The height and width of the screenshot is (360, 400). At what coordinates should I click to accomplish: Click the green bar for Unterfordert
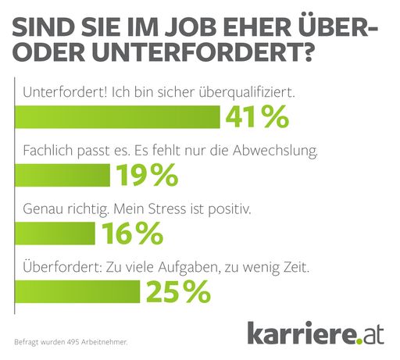click(x=117, y=117)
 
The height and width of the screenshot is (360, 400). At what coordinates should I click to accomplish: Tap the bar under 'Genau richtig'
click(x=55, y=233)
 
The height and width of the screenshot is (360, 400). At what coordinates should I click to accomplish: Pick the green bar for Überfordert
click(x=77, y=291)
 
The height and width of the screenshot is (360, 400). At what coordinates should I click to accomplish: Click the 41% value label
click(x=257, y=117)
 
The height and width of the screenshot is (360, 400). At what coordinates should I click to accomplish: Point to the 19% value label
click(x=147, y=176)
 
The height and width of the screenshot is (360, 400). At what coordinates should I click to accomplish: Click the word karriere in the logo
click(x=300, y=333)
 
